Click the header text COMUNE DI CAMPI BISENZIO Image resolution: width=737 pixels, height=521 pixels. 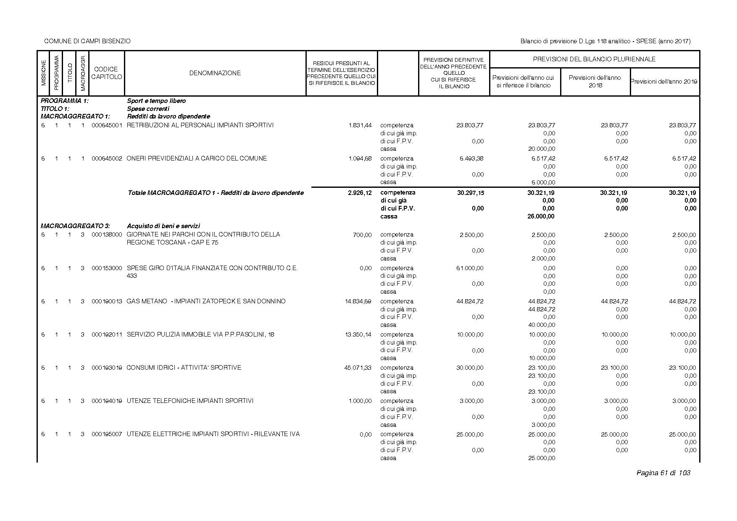[87, 41]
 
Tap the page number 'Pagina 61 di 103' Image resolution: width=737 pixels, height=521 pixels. [663, 473]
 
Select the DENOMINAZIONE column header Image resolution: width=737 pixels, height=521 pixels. [215, 73]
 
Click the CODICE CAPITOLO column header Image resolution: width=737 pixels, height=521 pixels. [107, 73]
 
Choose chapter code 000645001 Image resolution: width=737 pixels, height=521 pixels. [107, 125]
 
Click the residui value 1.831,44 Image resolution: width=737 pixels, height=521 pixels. [360, 125]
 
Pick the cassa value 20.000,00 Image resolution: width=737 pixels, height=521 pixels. [542, 149]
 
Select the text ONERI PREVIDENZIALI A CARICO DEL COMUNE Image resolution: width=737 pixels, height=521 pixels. [197, 158]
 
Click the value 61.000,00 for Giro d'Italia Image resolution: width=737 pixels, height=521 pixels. [470, 268]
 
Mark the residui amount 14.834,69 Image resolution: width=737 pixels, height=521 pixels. [358, 301]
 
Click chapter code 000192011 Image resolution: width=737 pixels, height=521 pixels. [107, 334]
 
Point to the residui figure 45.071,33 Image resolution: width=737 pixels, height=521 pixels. [358, 368]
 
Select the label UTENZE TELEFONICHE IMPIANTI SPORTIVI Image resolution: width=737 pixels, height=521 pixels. [190, 401]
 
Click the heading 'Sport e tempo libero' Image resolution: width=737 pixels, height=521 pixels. [156, 101]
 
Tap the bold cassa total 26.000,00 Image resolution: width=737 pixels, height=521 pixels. [541, 216]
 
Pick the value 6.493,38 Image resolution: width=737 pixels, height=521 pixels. [470, 158]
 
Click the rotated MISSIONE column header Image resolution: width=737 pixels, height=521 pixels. [43, 73]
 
